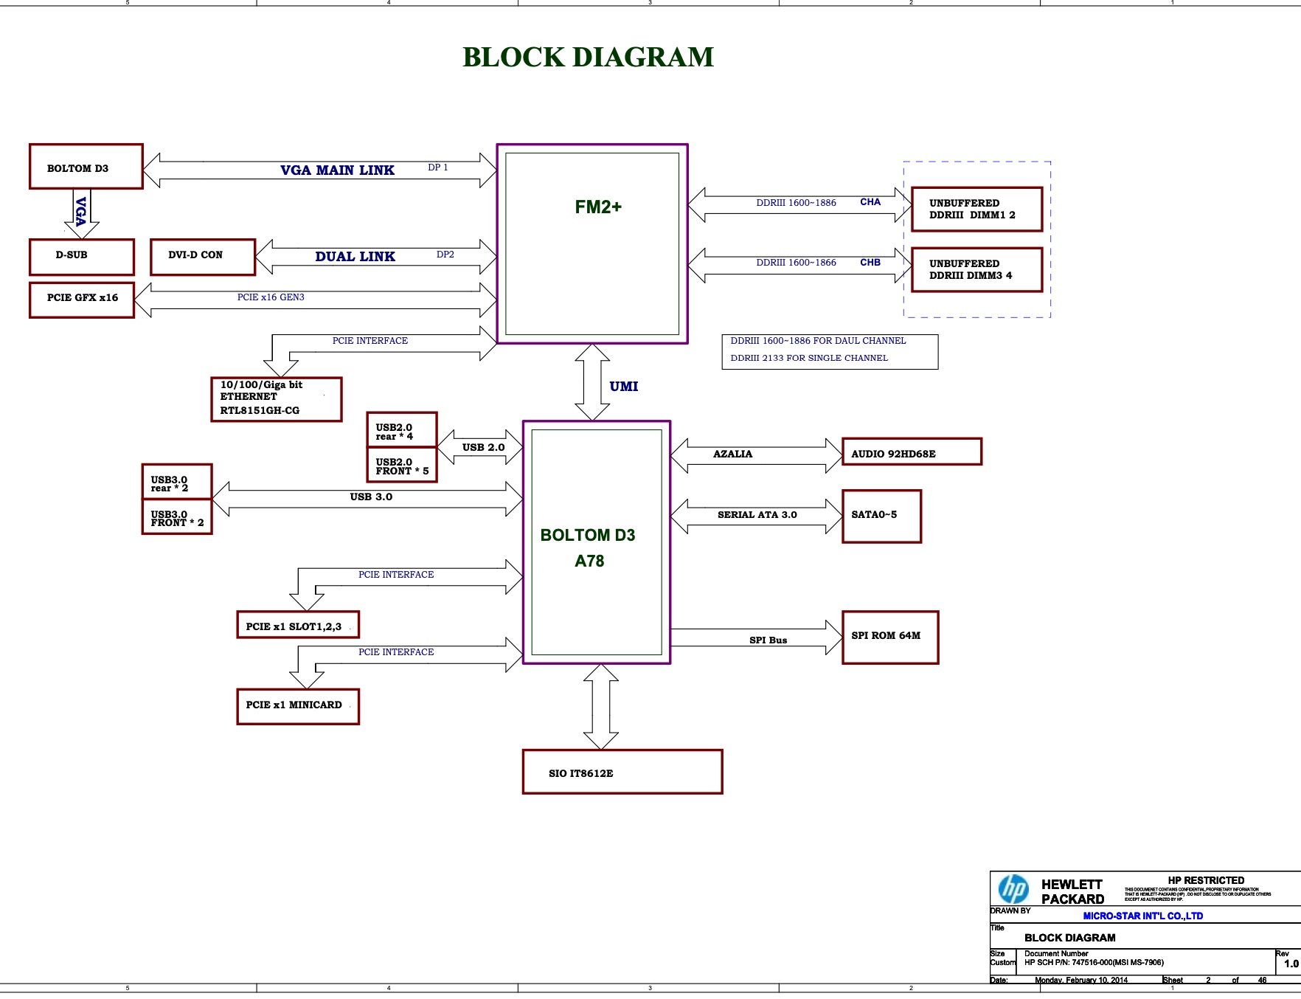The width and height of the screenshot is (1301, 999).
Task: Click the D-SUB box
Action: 81,257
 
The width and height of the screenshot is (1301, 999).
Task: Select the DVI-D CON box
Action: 202,257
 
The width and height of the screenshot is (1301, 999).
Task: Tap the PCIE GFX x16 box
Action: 82,300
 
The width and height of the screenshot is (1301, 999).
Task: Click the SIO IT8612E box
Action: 622,772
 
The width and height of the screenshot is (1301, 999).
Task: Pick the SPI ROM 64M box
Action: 889,637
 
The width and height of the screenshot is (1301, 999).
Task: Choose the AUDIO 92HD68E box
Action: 912,452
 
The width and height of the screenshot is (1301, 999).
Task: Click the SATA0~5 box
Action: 881,516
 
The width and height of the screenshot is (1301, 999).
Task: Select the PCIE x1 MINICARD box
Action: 298,706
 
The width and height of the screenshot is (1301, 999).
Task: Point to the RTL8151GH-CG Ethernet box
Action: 276,399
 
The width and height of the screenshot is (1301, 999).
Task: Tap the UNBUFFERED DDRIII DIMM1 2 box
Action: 976,210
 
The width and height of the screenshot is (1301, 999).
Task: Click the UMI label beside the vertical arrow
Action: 624,387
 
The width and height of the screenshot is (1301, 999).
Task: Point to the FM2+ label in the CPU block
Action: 598,207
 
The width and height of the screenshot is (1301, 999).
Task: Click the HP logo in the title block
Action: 1013,888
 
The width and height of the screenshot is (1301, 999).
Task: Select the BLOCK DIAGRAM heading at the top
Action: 588,58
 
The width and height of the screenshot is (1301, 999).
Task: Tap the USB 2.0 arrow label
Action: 483,447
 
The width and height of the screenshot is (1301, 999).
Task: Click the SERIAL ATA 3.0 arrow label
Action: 757,515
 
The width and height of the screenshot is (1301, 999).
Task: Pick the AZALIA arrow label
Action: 732,454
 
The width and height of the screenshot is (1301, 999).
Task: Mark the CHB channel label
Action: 870,263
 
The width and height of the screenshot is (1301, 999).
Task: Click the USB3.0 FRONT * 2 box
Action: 177,518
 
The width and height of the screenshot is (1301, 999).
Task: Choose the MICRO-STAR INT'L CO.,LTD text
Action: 1142,916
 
